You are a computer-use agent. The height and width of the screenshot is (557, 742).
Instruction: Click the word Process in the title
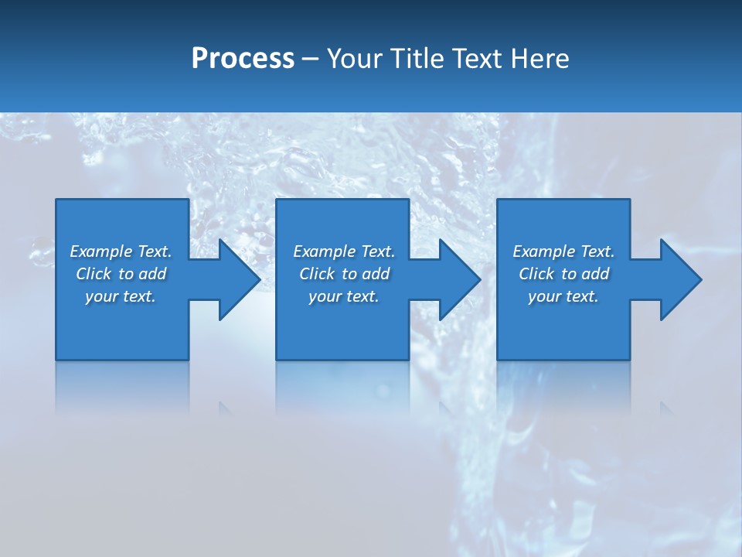coord(243,59)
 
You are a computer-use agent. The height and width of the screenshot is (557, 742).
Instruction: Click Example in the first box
coord(100,251)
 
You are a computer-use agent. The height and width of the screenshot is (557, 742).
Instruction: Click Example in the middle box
coord(324,251)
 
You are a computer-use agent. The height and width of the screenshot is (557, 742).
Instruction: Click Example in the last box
coord(543,251)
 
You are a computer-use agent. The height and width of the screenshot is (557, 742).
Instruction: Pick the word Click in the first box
coord(94,274)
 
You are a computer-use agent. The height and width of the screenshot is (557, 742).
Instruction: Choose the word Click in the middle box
coord(318,274)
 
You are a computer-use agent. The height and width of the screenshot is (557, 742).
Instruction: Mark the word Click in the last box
coord(537,274)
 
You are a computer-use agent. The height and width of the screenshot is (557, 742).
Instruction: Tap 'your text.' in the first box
coord(121,296)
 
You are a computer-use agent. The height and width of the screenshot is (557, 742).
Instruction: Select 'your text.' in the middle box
coord(343,296)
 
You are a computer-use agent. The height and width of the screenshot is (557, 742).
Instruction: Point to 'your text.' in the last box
coord(563,296)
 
